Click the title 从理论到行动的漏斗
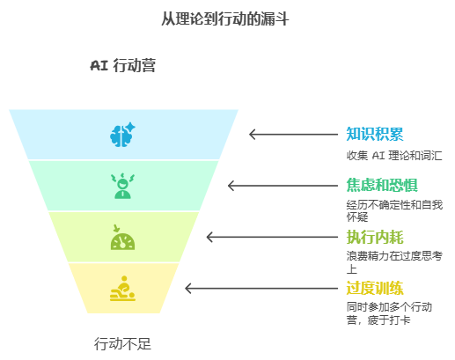tap(225, 18)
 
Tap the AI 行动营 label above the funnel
tap(122, 65)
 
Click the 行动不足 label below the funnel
tap(122, 343)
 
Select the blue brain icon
tap(122, 135)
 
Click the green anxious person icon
tap(122, 186)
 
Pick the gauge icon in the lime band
tap(122, 238)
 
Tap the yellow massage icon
tap(122, 289)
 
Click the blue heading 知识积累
tap(375, 134)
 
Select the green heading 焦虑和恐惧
tap(382, 185)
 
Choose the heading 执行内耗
tap(375, 237)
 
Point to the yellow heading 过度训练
tap(375, 288)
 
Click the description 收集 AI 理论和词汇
tap(394, 155)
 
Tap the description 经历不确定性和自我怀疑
tap(394, 210)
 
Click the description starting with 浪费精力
tap(394, 262)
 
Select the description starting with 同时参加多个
tap(389, 313)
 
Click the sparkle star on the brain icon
tap(130, 128)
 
